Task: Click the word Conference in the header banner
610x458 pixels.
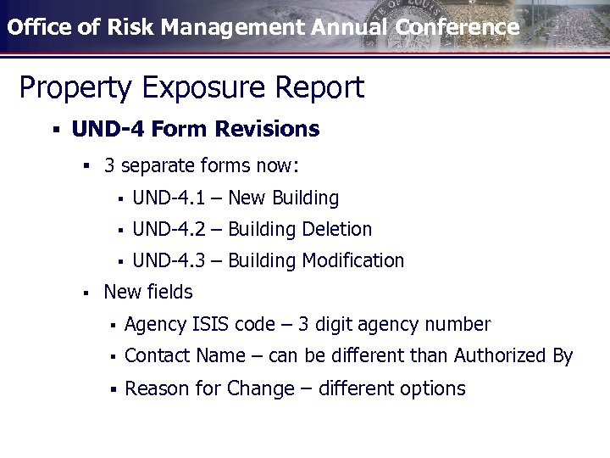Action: click(x=457, y=27)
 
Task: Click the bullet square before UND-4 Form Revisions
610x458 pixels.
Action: click(x=54, y=130)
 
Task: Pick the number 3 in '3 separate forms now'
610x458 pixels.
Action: click(x=109, y=165)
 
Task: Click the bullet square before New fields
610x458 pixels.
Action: click(x=86, y=293)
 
